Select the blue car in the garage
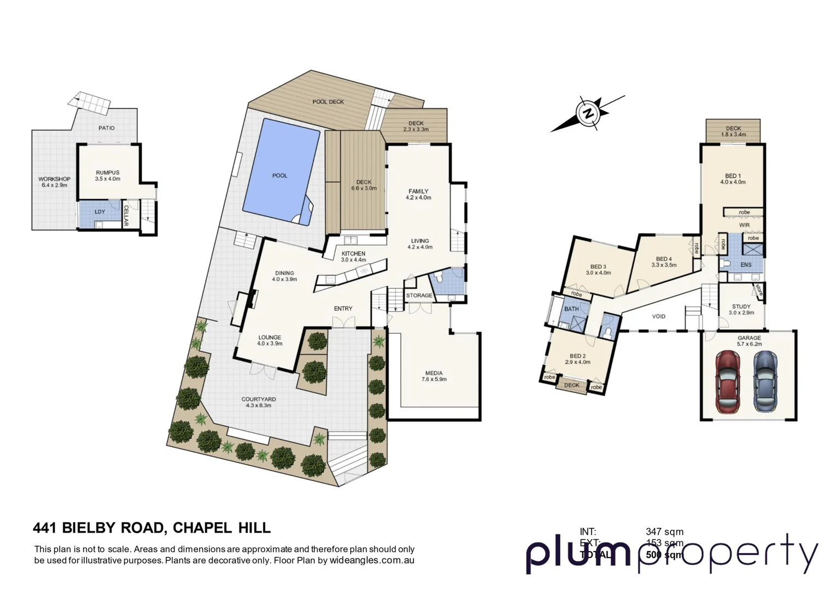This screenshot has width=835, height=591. pyautogui.click(x=764, y=381)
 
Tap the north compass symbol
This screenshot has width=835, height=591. pyautogui.click(x=588, y=114)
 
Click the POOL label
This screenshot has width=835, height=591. pyautogui.click(x=279, y=176)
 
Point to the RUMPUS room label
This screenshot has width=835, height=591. pyautogui.click(x=107, y=172)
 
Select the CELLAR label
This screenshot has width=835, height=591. pyautogui.click(x=126, y=216)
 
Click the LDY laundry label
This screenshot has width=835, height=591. pyautogui.click(x=100, y=212)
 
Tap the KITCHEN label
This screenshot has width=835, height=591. pyautogui.click(x=353, y=253)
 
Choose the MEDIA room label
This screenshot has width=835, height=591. pyautogui.click(x=434, y=373)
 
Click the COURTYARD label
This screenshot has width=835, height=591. pyautogui.click(x=259, y=399)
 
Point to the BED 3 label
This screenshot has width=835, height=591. pyautogui.click(x=598, y=266)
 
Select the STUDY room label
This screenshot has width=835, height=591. pyautogui.click(x=741, y=307)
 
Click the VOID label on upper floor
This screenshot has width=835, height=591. pyautogui.click(x=658, y=316)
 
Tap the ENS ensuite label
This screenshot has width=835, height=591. pyautogui.click(x=745, y=265)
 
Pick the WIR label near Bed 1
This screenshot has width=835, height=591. pyautogui.click(x=744, y=225)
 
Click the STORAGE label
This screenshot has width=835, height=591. pyautogui.click(x=419, y=296)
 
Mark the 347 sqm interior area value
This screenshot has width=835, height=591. pyautogui.click(x=664, y=531)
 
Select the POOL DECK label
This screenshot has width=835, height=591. pyautogui.click(x=328, y=102)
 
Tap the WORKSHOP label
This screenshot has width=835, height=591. pyautogui.click(x=54, y=179)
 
